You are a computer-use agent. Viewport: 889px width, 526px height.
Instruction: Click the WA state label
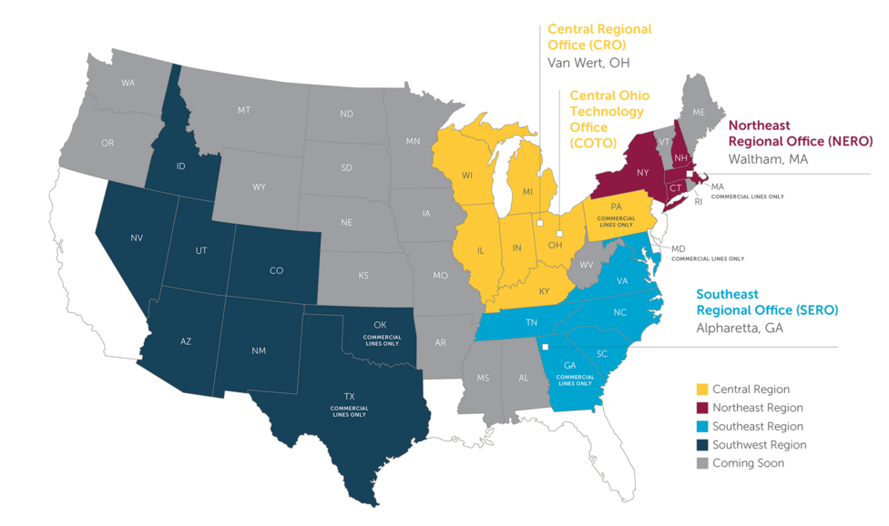click(x=128, y=83)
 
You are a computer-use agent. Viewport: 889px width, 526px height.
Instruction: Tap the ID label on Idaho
click(x=180, y=166)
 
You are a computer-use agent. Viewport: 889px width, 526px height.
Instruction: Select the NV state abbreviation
click(x=137, y=238)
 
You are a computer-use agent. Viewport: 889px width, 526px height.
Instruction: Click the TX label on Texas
click(x=349, y=396)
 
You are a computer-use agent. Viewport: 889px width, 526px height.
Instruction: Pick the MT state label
click(x=244, y=109)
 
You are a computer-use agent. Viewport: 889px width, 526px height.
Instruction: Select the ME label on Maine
click(x=699, y=112)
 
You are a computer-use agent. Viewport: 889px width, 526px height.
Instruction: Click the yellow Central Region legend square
click(x=701, y=389)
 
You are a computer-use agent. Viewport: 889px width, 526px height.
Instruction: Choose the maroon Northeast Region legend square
click(x=701, y=408)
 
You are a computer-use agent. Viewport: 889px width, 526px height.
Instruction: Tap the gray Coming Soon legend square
click(x=701, y=463)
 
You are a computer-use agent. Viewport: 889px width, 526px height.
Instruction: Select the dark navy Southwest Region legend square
click(x=701, y=445)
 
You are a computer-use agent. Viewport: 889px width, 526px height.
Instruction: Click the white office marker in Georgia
click(x=545, y=347)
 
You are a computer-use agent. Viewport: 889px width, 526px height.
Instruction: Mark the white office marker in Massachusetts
click(x=690, y=173)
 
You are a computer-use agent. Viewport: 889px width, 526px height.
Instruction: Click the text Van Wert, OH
click(x=588, y=63)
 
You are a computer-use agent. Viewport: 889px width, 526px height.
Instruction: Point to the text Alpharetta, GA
click(x=741, y=329)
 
